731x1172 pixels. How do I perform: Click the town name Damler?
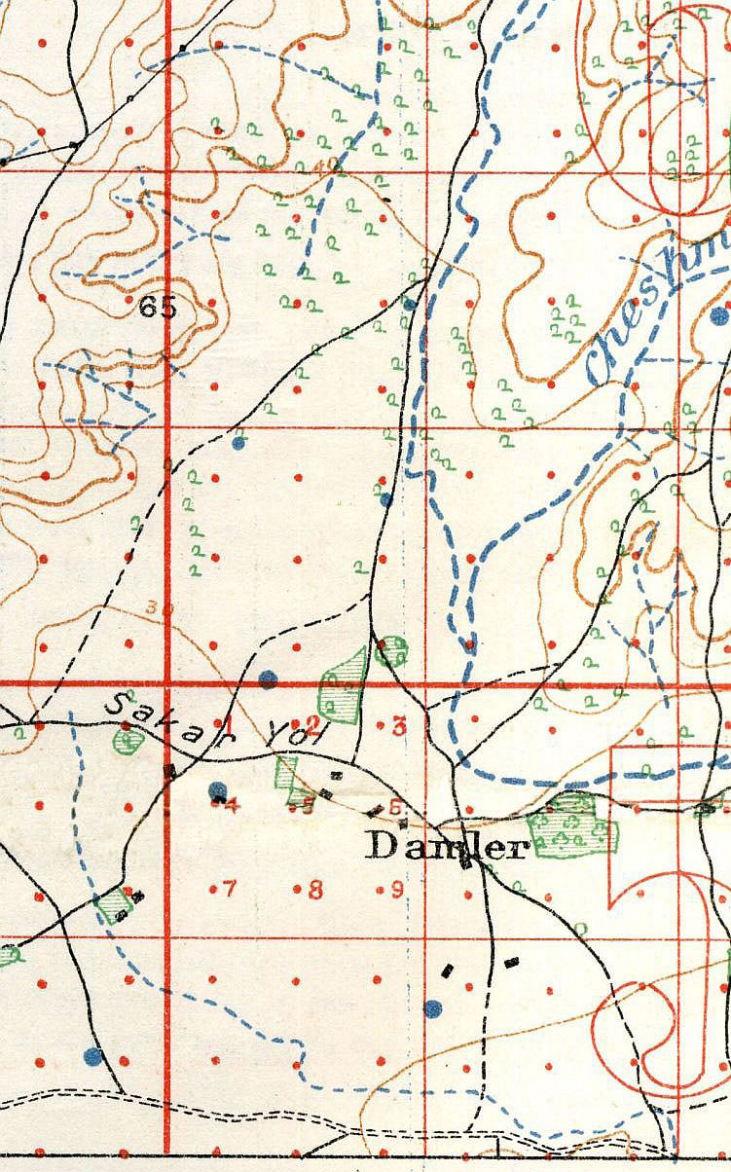[x=446, y=847]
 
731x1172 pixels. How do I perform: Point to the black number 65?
[x=158, y=309]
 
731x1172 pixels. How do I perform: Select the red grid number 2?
[x=313, y=723]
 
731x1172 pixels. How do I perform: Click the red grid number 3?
[x=398, y=725]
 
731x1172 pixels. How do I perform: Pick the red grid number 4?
[x=231, y=804]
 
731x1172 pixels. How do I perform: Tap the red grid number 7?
[x=230, y=888]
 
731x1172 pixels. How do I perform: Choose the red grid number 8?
[x=314, y=889]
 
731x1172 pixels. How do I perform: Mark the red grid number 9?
[x=398, y=888]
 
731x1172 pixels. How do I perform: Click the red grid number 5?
[x=309, y=805]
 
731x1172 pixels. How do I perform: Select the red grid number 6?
[x=394, y=806]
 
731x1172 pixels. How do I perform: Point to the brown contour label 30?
[x=152, y=608]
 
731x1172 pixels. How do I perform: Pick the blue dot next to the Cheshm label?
[x=719, y=314]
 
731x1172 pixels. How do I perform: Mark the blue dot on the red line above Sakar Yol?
[x=269, y=678]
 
